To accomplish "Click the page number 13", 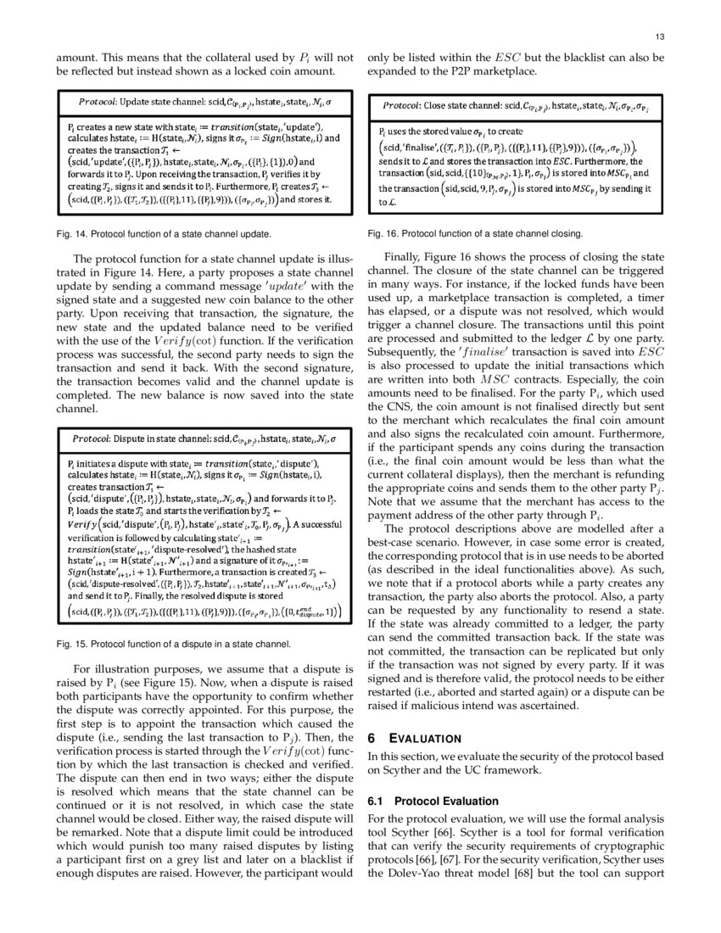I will point(658,36).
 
